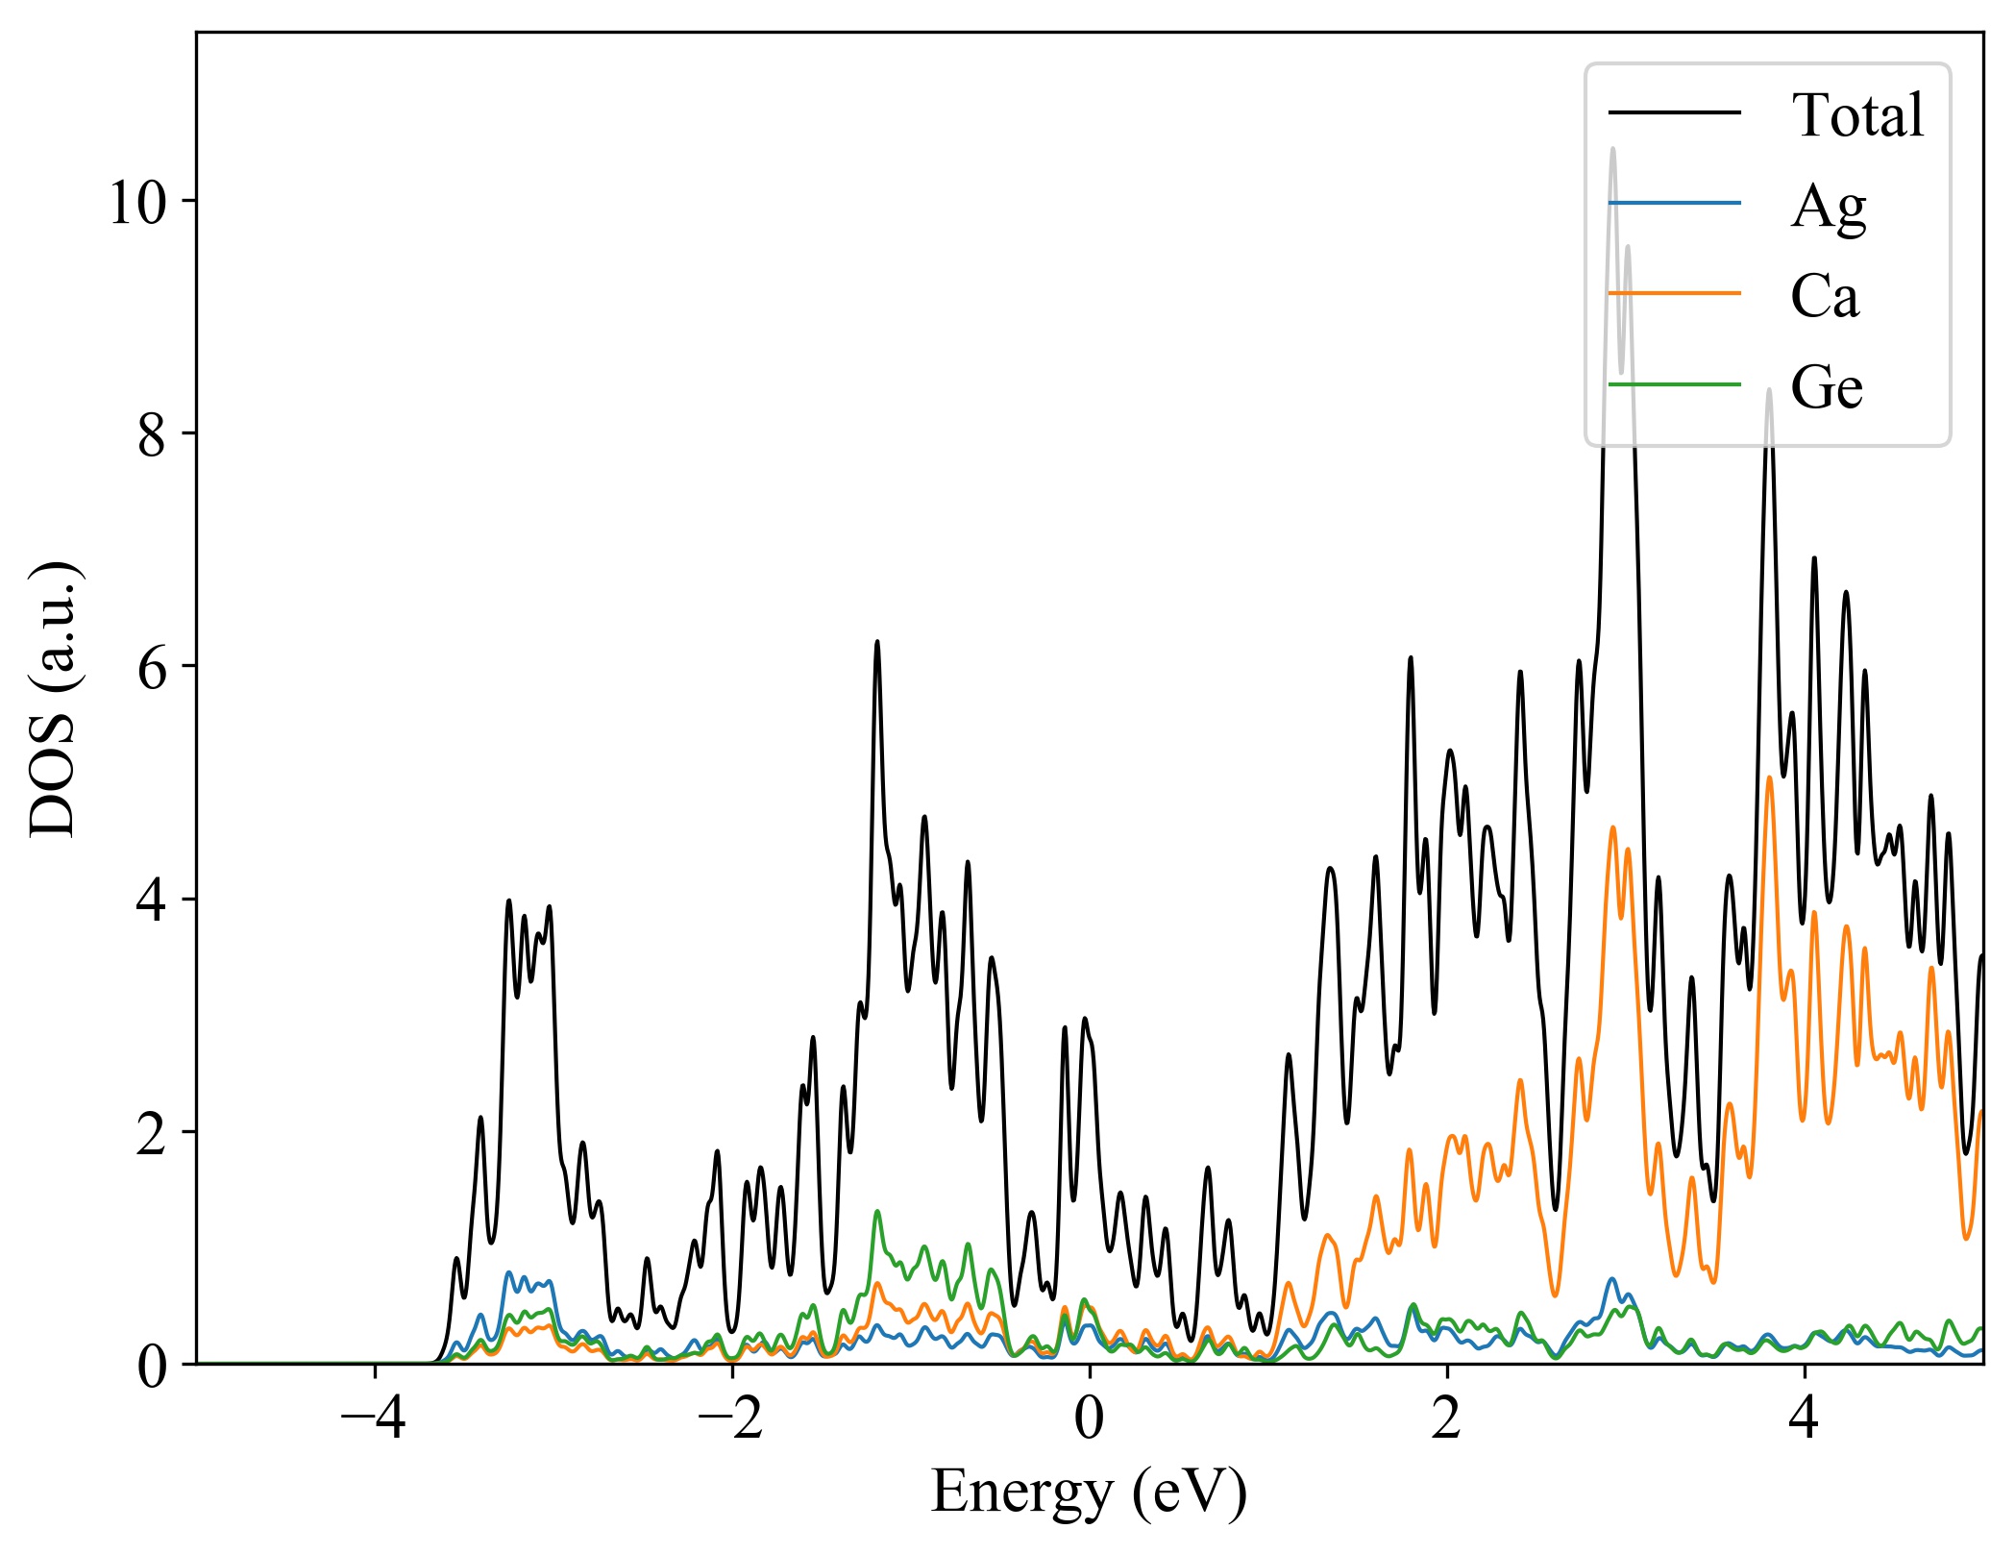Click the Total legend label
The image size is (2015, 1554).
pos(1856,115)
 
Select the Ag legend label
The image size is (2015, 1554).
pos(1828,206)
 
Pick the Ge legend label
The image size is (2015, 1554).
pos(1826,386)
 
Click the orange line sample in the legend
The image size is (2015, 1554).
pos(1674,292)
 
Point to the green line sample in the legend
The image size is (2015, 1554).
pos(1674,384)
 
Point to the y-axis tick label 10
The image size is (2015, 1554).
pos(136,203)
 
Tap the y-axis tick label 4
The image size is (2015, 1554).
pos(153,900)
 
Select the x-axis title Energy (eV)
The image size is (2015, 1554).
pos(1089,1492)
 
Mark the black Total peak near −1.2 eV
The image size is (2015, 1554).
pos(876,642)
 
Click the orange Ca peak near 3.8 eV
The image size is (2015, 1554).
pos(1769,777)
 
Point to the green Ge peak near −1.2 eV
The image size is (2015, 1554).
pos(876,1211)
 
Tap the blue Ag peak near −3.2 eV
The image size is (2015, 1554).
pos(509,1272)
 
